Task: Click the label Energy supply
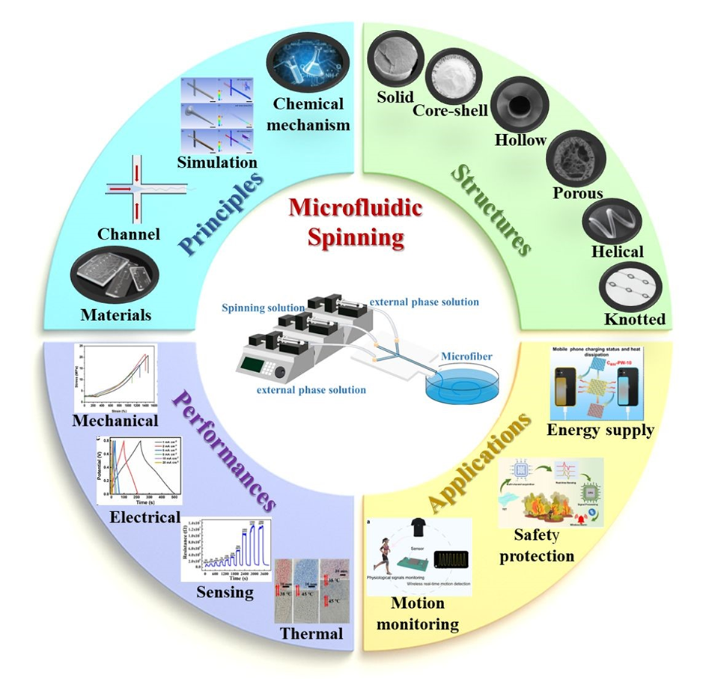[x=600, y=429]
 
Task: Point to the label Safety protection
[x=544, y=546]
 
